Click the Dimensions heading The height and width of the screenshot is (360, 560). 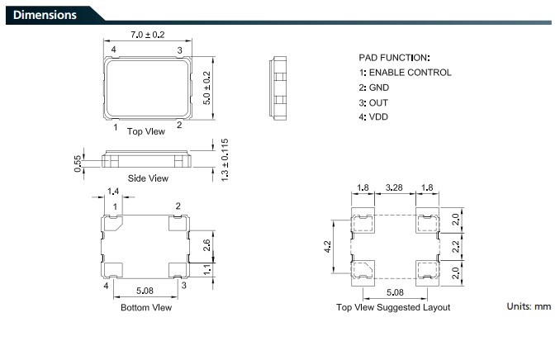point(45,15)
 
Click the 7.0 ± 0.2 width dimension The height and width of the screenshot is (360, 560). point(148,35)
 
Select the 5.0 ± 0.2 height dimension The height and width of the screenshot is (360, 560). point(206,88)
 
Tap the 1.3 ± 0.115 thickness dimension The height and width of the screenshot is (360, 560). point(225,160)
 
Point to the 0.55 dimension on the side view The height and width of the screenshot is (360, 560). point(78,163)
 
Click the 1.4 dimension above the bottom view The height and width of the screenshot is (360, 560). point(113,192)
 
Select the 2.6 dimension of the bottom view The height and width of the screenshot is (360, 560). point(206,245)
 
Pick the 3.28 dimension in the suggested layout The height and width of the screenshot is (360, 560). point(394,187)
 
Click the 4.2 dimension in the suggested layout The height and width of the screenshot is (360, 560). point(328,247)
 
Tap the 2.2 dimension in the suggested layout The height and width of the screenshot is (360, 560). point(456,247)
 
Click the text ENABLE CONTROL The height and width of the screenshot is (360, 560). point(410,73)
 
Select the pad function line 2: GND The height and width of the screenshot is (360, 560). point(374,88)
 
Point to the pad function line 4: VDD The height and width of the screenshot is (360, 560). point(373,116)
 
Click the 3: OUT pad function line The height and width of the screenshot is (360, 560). point(373,103)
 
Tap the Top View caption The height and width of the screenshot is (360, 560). point(146,131)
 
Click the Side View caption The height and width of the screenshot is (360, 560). point(148,178)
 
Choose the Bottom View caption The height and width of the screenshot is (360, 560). point(146,307)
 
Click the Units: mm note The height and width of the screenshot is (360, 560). point(529,306)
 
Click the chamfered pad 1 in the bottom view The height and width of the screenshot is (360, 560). point(113,223)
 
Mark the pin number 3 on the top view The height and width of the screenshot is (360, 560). point(179,50)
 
